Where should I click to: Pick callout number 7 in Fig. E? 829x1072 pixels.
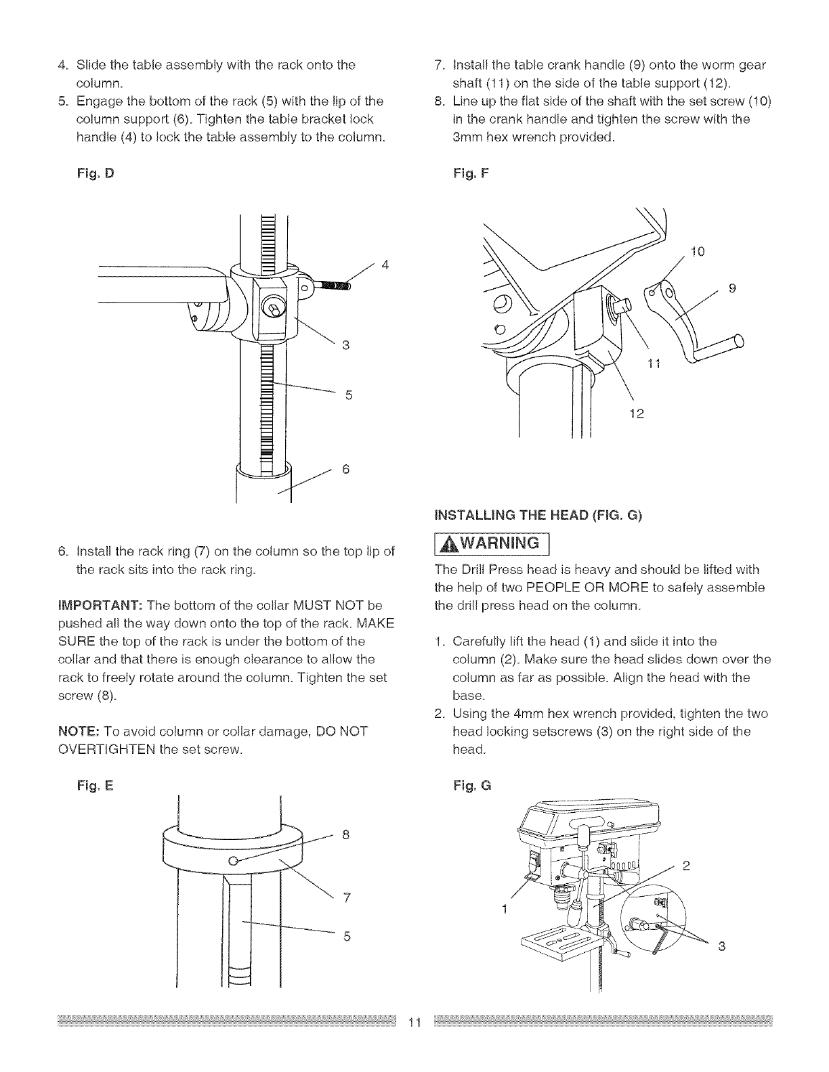click(x=345, y=898)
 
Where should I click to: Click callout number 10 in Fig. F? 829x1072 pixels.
click(x=698, y=252)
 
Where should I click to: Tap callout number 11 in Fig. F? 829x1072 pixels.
click(x=654, y=365)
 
